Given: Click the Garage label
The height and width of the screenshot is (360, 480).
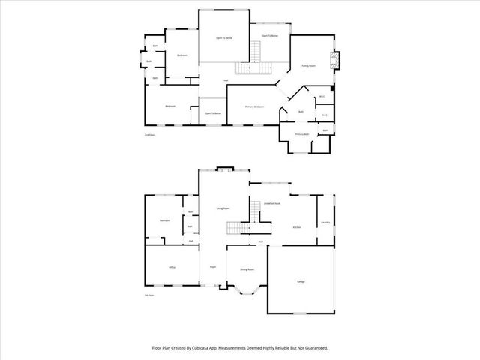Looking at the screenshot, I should pos(301,281).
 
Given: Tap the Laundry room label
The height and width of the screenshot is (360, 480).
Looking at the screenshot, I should pos(325,222).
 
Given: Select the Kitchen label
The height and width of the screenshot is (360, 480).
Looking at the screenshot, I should pos(297,226).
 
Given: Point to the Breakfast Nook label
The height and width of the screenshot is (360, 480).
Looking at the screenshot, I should pos(272,203).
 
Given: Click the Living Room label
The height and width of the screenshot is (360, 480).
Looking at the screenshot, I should pos(223,208).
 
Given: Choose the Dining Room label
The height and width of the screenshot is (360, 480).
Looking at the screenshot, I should pos(247,269).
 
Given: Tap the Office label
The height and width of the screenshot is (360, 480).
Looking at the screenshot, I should pos(172,267).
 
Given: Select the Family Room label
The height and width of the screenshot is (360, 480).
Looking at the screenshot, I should pos(309,66).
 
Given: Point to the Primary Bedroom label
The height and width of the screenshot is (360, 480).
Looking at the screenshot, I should pos(255,107).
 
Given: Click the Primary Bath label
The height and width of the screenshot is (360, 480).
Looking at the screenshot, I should pos(302,134).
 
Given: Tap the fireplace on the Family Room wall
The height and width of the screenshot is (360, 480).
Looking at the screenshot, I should pos(335,60).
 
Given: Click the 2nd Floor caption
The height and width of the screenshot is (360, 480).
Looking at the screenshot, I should pos(149,135).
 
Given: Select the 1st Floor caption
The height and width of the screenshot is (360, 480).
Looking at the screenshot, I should pos(149,295).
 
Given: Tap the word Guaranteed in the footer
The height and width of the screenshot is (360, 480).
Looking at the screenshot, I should pos(314,348).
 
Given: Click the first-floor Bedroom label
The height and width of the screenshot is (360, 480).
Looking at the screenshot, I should pos(165,220).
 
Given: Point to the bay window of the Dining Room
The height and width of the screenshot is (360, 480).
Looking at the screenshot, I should pos(247,289).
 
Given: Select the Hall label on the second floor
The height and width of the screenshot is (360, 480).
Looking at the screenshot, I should pos(226,81).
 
